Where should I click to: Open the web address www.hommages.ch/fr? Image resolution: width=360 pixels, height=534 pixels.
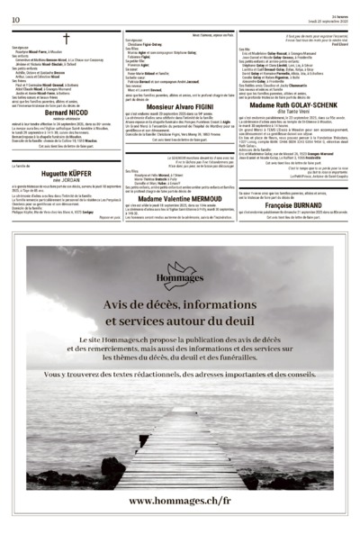click(179, 498)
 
